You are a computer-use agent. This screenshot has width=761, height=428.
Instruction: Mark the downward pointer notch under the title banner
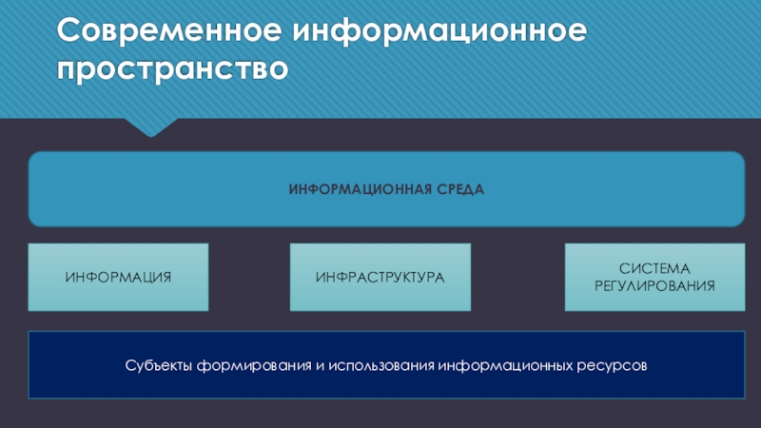150,126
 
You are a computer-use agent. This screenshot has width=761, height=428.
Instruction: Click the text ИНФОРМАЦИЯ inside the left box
118,278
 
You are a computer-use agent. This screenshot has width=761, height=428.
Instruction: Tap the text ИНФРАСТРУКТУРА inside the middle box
380,278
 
